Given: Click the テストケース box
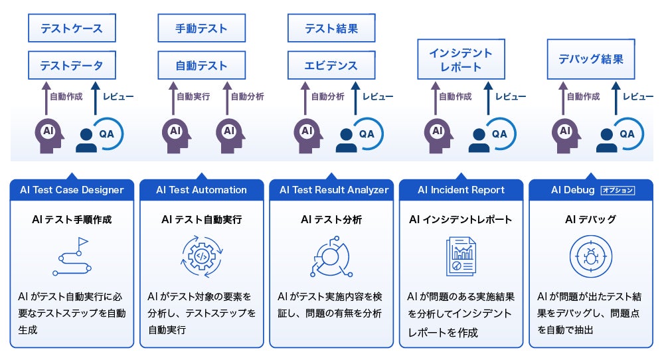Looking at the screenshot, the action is pos(72,28).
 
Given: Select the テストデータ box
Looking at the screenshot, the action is pos(72,65).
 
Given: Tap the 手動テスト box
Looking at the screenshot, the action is pos(202,28).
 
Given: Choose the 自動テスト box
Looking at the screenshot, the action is pos(202,65).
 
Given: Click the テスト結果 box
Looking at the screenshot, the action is pos(331,28).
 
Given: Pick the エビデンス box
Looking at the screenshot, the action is pos(331,65).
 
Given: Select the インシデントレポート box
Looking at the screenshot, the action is pos(461,59).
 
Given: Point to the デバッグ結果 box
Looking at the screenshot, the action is pos(591,59).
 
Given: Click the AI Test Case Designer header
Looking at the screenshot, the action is pos(72,190).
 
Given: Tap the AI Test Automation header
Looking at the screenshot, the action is pos(202,190).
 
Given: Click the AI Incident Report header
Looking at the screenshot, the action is pos(461,190).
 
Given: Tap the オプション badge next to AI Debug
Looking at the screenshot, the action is pos(618,190).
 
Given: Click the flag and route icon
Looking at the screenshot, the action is pos(72,256).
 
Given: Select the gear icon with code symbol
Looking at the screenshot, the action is pos(202,256).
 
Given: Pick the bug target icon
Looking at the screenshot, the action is pos(591,256).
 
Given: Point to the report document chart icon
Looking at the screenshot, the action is pos(461,256).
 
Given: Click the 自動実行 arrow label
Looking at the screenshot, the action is pos(193,96).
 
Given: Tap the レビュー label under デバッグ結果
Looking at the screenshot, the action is pos(637,96).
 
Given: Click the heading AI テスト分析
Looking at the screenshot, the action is pos(331,219).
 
